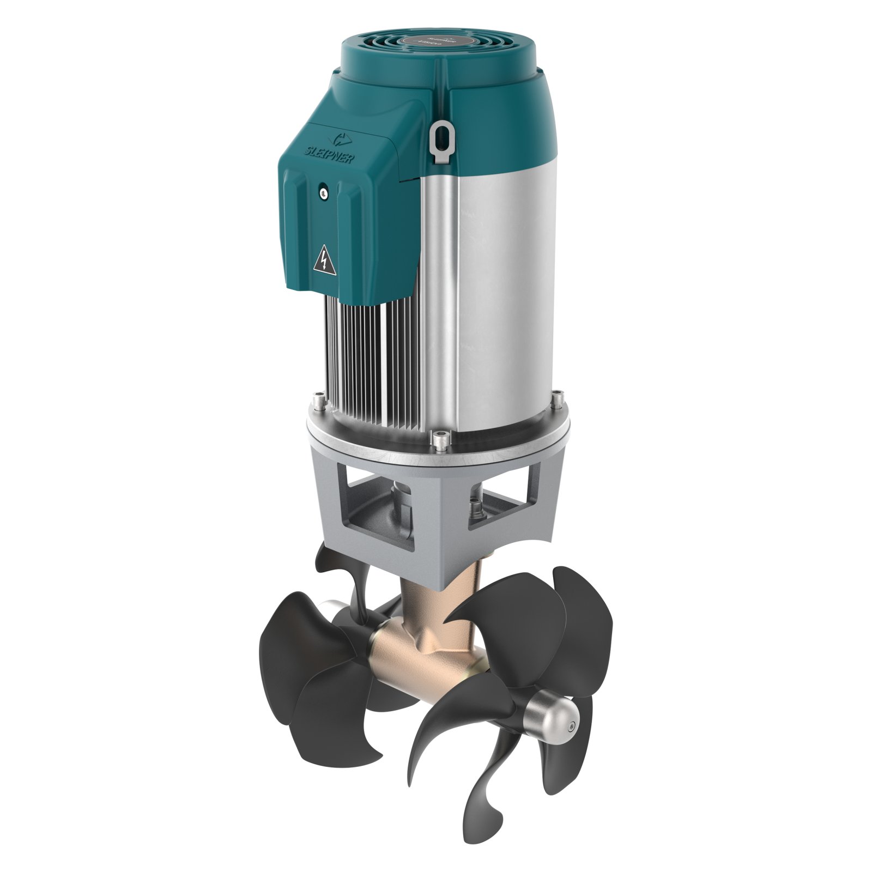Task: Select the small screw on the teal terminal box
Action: tap(324, 192)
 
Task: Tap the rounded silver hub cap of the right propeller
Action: tap(553, 717)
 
